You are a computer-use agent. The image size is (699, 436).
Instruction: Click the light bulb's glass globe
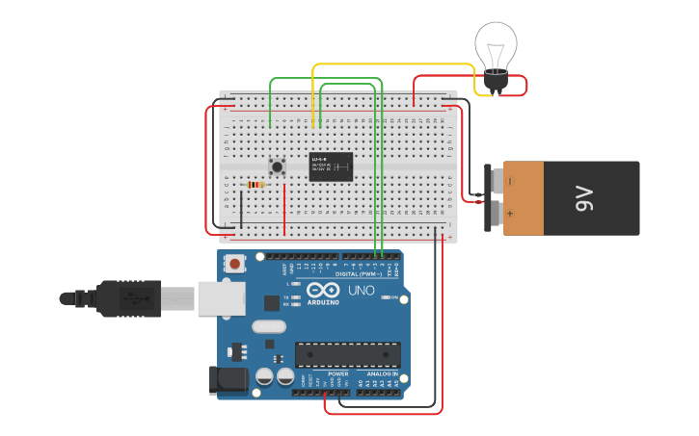point(496,43)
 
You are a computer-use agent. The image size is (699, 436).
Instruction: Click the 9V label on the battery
point(584,198)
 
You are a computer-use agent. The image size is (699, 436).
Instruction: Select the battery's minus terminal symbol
point(510,180)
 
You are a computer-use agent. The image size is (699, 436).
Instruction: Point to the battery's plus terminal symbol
point(510,214)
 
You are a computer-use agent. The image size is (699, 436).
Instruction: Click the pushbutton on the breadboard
point(278,167)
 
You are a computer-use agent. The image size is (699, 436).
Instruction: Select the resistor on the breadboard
point(255,185)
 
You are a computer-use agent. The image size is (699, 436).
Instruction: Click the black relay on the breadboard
point(331,167)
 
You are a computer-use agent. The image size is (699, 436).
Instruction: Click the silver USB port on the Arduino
point(221,298)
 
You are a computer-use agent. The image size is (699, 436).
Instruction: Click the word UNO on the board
point(362,291)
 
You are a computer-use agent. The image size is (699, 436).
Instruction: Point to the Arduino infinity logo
point(323,290)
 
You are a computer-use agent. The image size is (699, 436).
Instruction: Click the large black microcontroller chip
point(347,354)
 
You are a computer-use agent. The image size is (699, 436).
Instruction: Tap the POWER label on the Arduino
point(337,373)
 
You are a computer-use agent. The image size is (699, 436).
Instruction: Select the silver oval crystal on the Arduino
point(269,325)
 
